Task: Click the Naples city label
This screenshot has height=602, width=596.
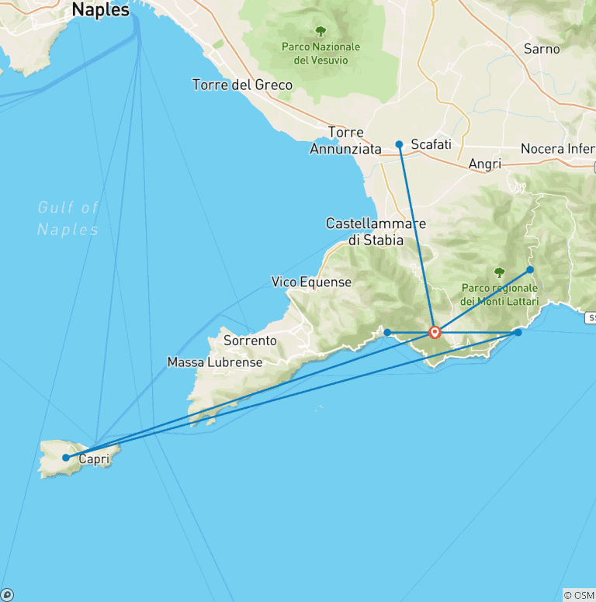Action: pos(101,10)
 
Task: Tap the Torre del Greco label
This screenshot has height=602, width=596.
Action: pos(242,85)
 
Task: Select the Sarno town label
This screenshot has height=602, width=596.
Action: pos(542,49)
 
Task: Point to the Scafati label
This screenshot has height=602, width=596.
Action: pos(431,144)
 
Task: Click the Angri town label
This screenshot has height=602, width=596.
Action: pos(485,164)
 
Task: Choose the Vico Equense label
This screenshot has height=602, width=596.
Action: pos(311,282)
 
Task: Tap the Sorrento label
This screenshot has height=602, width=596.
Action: pos(250,340)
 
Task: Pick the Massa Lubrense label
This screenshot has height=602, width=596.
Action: pos(215,362)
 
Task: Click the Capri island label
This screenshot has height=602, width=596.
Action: pos(93,458)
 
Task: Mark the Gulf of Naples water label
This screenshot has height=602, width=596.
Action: pos(68,218)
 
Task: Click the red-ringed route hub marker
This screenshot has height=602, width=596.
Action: pos(435,333)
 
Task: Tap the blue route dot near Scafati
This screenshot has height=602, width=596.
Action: pos(399,144)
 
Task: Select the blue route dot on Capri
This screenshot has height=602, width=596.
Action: pos(66,458)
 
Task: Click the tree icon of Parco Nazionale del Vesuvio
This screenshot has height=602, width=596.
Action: pos(321,31)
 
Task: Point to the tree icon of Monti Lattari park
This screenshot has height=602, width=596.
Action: pos(498,273)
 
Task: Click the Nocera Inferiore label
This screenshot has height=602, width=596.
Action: pos(557,148)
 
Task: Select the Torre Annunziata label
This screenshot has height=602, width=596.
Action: pos(345,140)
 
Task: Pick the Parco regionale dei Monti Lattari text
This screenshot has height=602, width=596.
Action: pos(499,295)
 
